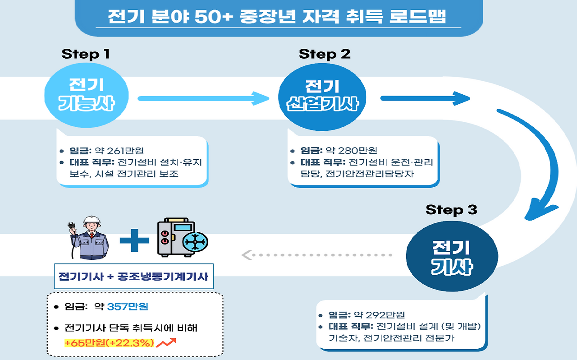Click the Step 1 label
click(86, 55)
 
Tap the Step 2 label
click(325, 55)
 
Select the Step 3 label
click(451, 210)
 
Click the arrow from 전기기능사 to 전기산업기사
click(203, 98)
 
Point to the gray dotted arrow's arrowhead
click(247, 255)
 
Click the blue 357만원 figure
click(128, 307)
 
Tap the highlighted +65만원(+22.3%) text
click(110, 343)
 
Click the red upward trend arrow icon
click(166, 343)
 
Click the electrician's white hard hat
click(92, 220)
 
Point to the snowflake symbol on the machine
click(195, 243)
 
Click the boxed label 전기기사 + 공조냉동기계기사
click(133, 276)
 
